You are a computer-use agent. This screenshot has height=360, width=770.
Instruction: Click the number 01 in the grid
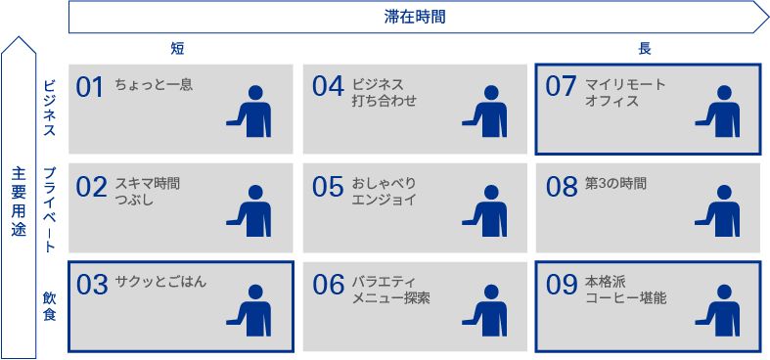point(90,88)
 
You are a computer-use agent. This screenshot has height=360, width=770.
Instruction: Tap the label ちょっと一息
point(154,85)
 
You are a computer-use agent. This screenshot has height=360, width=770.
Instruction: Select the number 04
point(327,87)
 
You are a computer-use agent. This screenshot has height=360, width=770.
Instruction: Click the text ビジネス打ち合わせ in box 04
point(385,93)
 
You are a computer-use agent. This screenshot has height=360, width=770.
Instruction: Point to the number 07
point(561,87)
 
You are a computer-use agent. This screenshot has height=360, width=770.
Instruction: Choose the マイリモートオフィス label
point(625,93)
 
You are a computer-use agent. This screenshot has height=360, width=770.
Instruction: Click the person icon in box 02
point(249,210)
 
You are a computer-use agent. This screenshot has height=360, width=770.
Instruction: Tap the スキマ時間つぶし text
point(148,192)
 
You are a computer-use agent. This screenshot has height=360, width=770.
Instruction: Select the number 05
point(327,187)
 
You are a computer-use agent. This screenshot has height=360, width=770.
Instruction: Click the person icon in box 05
point(484,210)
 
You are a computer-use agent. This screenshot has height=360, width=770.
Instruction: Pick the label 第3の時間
point(615,184)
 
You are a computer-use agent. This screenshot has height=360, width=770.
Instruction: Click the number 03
point(92,286)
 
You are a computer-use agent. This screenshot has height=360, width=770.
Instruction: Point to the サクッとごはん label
point(160,282)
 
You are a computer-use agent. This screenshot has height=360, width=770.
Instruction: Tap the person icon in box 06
point(484,310)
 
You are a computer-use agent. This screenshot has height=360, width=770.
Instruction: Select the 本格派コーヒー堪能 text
point(626,291)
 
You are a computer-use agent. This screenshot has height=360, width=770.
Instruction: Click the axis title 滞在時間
point(415,18)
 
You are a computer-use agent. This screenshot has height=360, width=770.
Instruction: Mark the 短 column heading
point(177,48)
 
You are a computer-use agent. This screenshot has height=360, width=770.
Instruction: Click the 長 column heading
point(645,48)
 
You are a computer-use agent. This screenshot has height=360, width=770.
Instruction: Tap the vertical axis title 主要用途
point(19,202)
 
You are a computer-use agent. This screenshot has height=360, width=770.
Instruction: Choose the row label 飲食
point(50,306)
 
